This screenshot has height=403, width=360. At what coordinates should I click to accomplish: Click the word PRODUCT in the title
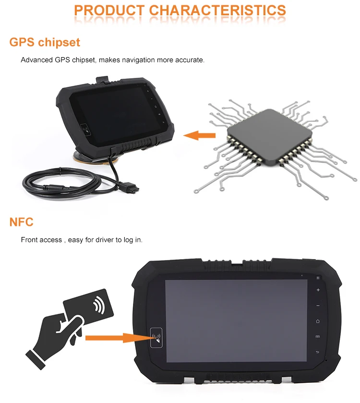(x=109, y=10)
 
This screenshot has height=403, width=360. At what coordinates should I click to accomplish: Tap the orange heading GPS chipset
(x=45, y=42)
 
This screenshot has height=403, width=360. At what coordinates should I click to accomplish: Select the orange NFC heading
(x=21, y=222)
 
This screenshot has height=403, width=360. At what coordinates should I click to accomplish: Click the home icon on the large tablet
(x=318, y=321)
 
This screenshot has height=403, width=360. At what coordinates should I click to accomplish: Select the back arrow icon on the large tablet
(x=318, y=353)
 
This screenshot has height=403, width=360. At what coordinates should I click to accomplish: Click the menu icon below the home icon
(x=318, y=337)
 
